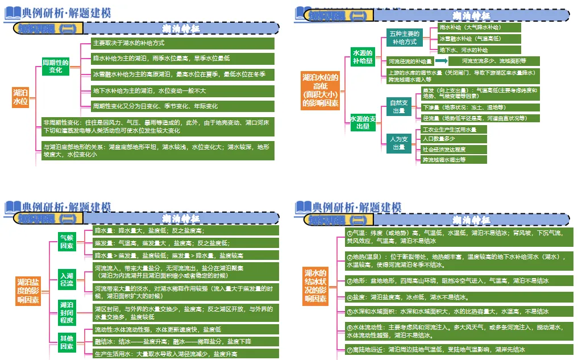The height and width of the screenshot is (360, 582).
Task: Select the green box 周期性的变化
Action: (56, 66)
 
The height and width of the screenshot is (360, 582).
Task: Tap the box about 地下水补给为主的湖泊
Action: (183, 90)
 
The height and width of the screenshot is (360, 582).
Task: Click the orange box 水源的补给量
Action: (363, 57)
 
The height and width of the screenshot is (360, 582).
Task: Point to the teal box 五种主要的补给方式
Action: (404, 38)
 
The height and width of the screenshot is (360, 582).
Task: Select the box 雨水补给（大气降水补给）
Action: (479, 27)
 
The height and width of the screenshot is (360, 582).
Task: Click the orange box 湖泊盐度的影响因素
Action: (28, 291)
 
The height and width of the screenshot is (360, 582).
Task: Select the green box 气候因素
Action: (66, 241)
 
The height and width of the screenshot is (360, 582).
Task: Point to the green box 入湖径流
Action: (66, 279)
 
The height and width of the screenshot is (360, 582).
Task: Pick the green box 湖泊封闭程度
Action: (66, 312)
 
